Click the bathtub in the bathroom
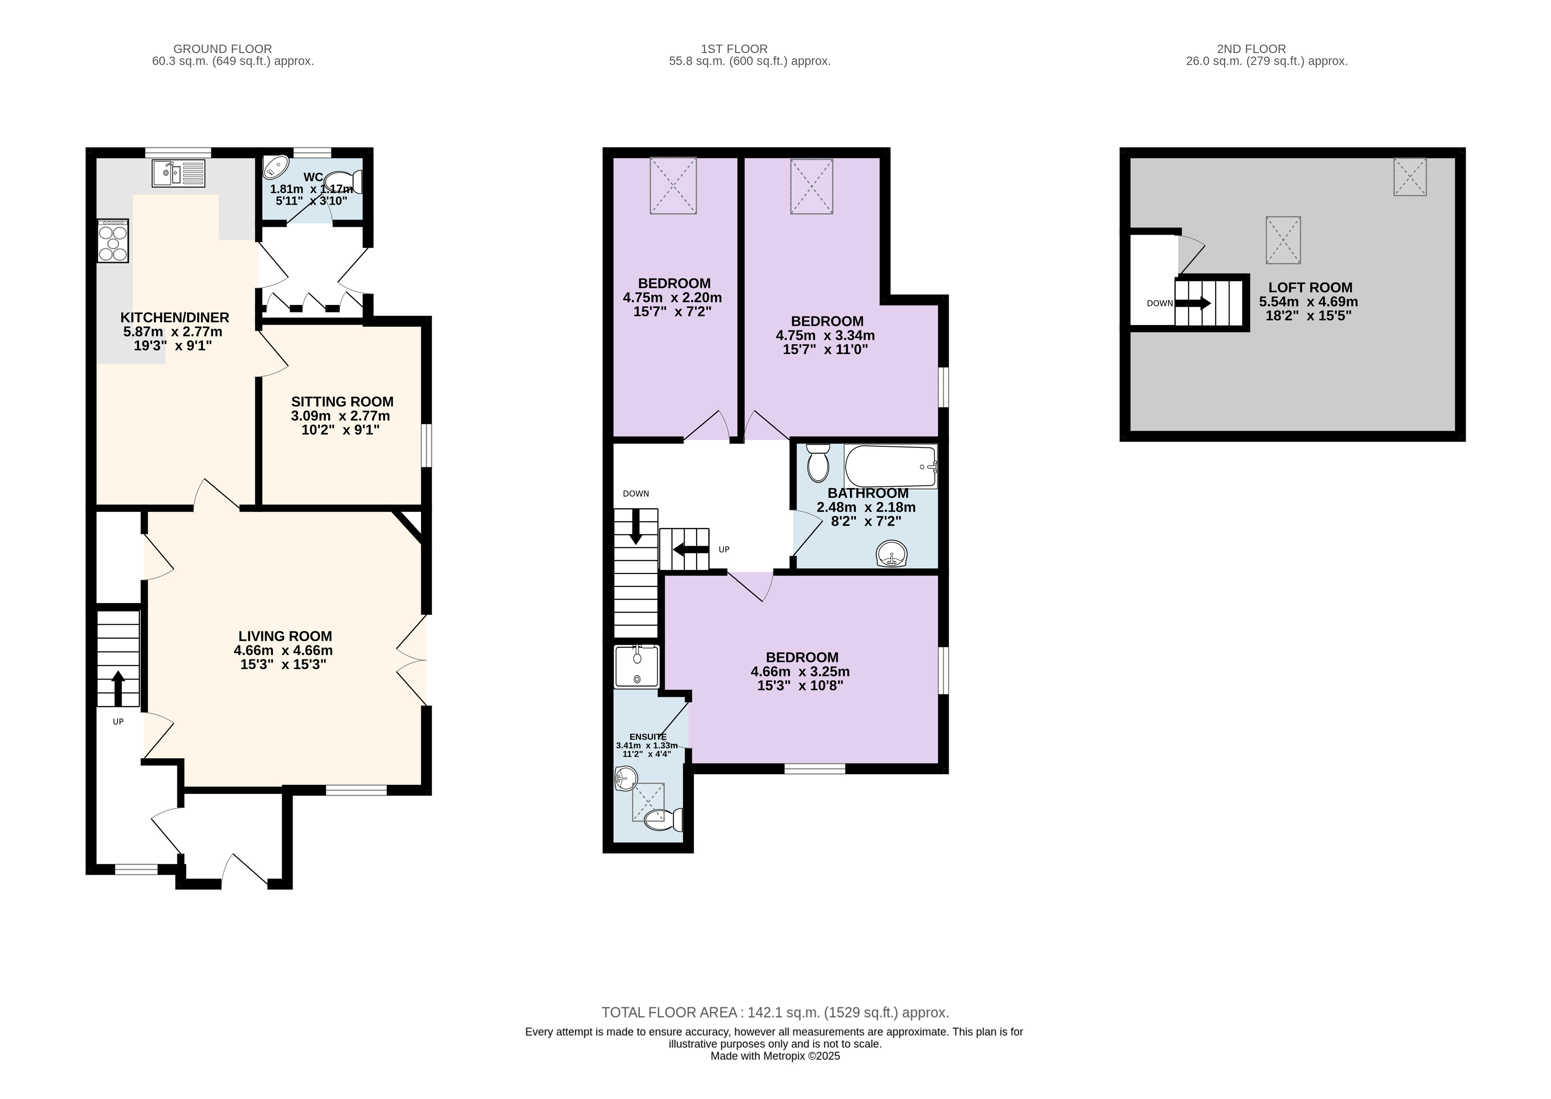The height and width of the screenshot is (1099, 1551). pos(890,466)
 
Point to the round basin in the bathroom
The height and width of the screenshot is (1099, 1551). pos(892,554)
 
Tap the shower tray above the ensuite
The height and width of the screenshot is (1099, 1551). pos(636,667)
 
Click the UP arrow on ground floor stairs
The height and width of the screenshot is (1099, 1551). pos(119,688)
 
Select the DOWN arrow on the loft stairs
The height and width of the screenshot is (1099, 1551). pos(1192,303)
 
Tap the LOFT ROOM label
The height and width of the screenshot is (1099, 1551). pos(1310,288)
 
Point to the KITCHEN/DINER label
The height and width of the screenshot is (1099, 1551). pos(175,317)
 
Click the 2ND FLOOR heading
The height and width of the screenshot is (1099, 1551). pos(1251,49)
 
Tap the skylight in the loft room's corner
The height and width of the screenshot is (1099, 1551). pos(1409,177)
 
